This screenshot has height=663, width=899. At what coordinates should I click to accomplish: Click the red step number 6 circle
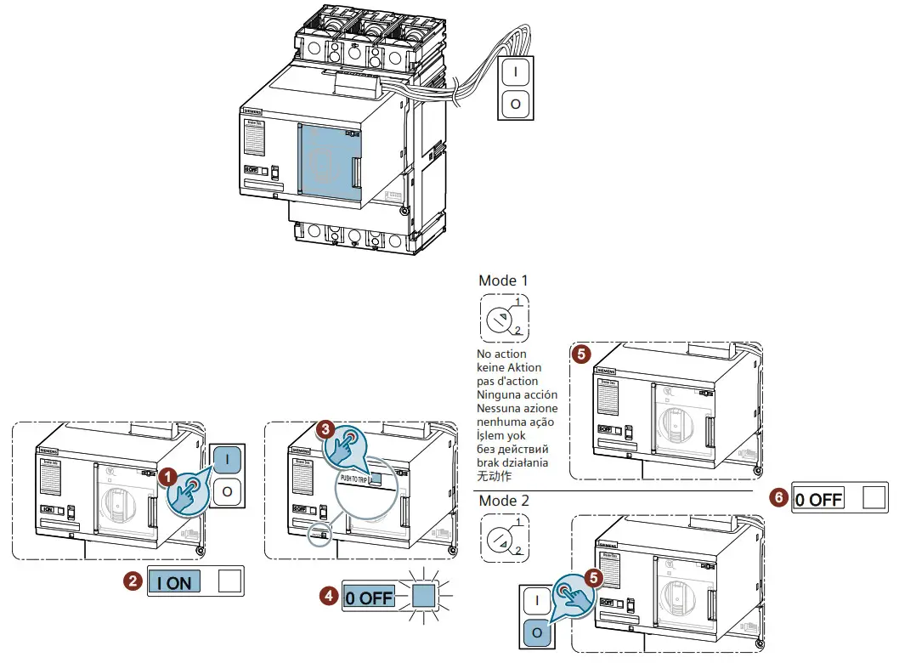click(x=777, y=498)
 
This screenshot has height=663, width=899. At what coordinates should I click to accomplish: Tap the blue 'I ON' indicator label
click(x=179, y=583)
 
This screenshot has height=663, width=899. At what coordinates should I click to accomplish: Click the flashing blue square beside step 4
click(x=422, y=597)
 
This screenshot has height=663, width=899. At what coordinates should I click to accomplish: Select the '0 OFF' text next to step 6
click(x=819, y=499)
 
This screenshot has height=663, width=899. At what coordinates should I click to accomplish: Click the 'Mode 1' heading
click(x=504, y=280)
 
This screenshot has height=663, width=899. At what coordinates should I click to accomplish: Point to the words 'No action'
click(x=502, y=354)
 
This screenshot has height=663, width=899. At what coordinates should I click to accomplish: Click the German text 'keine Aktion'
click(x=510, y=367)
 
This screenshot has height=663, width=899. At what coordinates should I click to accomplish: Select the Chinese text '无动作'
click(x=495, y=476)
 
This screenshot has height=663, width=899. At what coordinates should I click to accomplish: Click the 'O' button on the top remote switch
click(x=516, y=105)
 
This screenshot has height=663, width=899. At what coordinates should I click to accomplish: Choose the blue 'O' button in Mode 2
click(x=536, y=633)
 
